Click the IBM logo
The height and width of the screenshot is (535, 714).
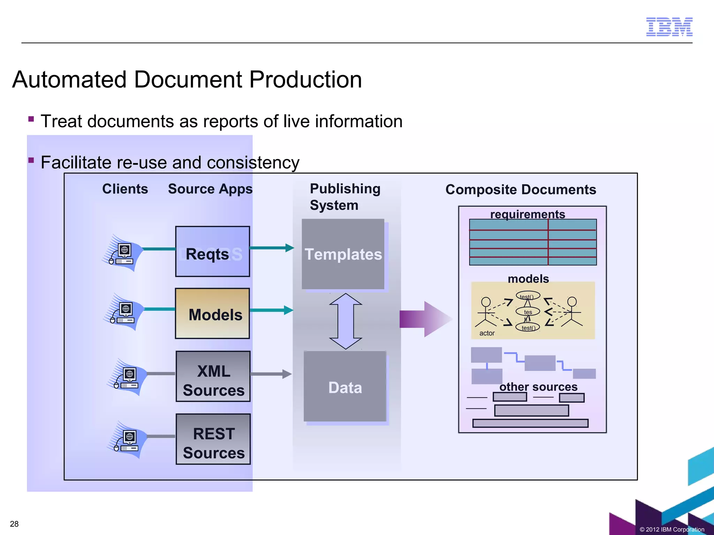coord(669,27)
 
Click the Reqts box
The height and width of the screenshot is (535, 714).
coord(213,251)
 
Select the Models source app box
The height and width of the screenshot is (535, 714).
coord(213,313)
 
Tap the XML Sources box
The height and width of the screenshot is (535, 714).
coord(213,377)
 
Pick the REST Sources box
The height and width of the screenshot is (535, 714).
coord(213,439)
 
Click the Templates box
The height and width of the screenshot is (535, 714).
coord(343,254)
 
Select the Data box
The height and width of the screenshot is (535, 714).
coord(345,387)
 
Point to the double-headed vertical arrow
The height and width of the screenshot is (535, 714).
coord(345,321)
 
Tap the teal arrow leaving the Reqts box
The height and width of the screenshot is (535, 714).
coord(272,248)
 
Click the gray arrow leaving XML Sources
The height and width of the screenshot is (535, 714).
coord(271,374)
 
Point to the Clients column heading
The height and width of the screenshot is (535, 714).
coord(125,189)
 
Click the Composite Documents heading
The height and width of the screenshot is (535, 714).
coord(521,189)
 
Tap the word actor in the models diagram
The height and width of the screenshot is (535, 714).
coord(487,333)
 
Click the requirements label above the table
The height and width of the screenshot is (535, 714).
coord(527,214)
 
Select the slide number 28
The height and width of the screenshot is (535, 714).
coord(14,524)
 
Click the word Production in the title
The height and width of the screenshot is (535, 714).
coord(305,79)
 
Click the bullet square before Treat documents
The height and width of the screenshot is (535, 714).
coord(31,119)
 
